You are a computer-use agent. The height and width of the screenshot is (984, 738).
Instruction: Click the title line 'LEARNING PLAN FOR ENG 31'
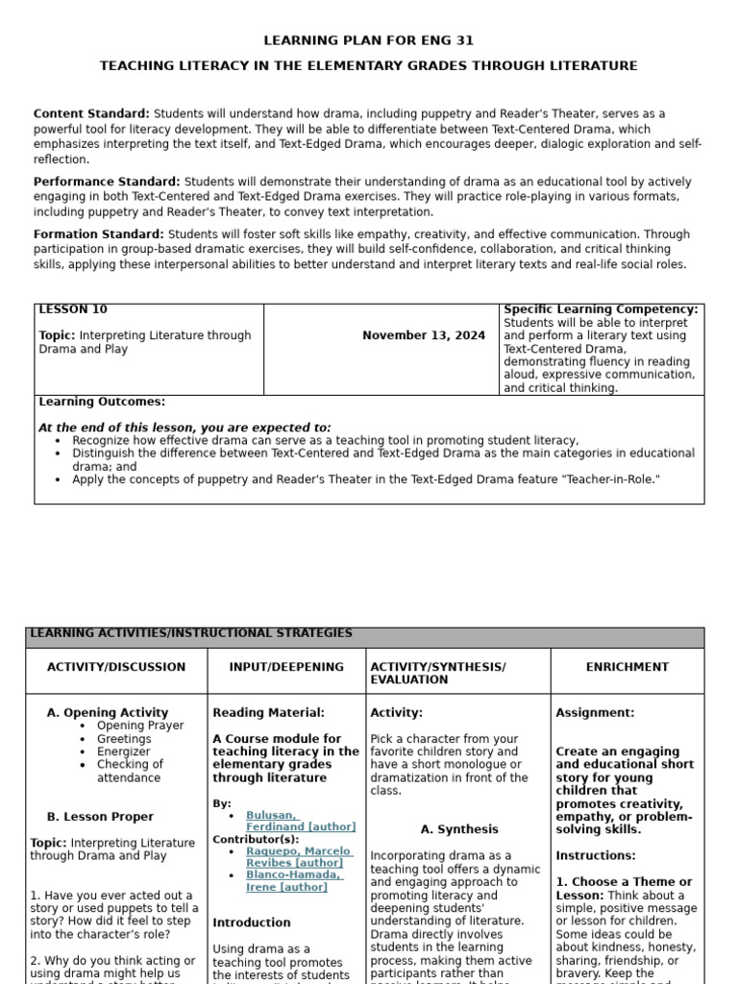pyautogui.click(x=369, y=40)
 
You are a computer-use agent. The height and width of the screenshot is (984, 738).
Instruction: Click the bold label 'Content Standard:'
pyautogui.click(x=91, y=113)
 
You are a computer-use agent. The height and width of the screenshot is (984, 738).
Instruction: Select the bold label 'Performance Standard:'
pyautogui.click(x=107, y=181)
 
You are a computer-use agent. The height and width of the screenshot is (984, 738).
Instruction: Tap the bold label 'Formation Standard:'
pyautogui.click(x=99, y=234)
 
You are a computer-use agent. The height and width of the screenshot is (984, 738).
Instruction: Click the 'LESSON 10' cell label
pyautogui.click(x=73, y=309)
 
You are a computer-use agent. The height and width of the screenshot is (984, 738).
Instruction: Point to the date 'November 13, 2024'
pyautogui.click(x=424, y=335)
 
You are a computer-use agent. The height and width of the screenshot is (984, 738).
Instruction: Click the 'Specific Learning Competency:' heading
pyautogui.click(x=601, y=309)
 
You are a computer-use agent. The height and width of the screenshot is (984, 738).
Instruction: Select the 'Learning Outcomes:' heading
pyautogui.click(x=102, y=402)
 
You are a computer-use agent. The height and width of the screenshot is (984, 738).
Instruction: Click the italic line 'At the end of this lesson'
pyautogui.click(x=184, y=428)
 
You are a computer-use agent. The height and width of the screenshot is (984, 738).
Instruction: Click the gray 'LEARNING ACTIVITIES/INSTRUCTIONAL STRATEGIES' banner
pyautogui.click(x=191, y=634)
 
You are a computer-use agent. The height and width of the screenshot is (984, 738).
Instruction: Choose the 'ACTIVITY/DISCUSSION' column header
pyautogui.click(x=116, y=666)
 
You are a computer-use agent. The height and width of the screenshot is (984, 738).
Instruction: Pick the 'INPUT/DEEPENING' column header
pyautogui.click(x=286, y=666)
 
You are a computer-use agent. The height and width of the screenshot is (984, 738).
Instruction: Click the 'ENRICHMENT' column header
pyautogui.click(x=627, y=666)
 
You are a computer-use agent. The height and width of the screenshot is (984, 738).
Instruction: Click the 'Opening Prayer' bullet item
pyautogui.click(x=140, y=726)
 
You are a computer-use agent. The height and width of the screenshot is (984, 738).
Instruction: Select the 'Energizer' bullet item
pyautogui.click(x=124, y=751)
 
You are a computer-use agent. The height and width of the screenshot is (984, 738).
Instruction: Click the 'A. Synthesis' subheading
pyautogui.click(x=459, y=829)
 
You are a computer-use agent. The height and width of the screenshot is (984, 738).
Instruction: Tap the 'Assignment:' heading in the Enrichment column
pyautogui.click(x=595, y=713)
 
